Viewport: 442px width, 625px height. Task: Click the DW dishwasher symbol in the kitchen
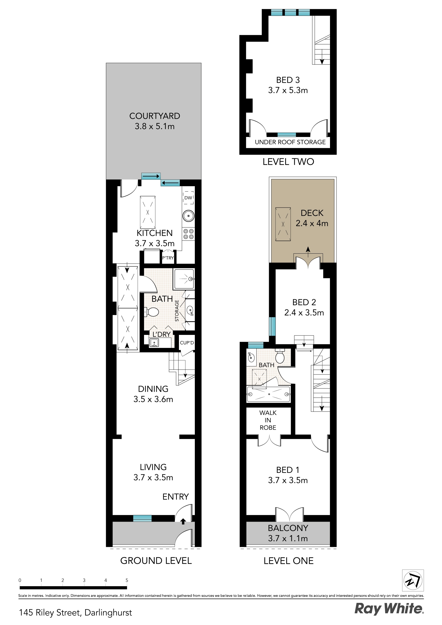188,198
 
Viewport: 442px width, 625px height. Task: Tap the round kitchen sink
188,216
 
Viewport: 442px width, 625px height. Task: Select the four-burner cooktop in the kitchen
188,234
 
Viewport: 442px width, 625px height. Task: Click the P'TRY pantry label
168,258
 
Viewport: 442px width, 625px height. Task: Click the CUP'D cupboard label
187,343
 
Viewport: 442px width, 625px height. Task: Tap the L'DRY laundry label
161,334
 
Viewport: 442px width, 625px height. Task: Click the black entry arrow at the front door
183,521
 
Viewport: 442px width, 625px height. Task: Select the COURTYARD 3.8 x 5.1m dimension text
154,126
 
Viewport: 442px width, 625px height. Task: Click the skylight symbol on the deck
283,224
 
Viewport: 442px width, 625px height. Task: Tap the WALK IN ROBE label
268,420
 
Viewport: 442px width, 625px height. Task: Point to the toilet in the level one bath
280,356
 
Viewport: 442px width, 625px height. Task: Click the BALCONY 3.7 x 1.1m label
288,533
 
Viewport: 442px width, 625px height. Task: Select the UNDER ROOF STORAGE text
290,142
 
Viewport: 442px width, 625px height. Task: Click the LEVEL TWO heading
288,162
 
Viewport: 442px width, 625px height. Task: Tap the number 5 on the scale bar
127,580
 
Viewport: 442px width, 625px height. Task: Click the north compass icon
413,581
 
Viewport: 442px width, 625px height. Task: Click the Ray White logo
389,609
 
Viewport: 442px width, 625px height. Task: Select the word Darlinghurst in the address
108,613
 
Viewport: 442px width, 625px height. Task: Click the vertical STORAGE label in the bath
177,311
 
